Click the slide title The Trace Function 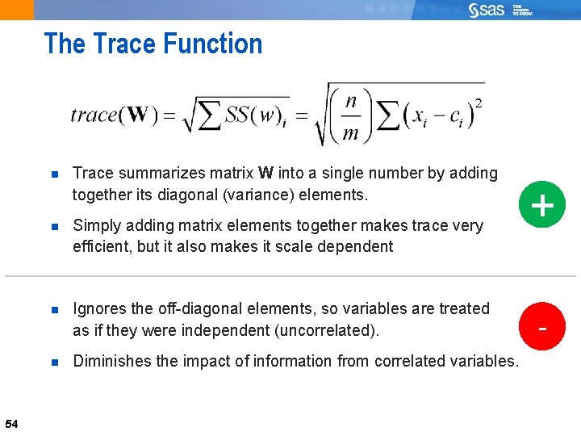click(x=153, y=44)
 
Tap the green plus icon click(x=542, y=206)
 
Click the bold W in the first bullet click(x=265, y=173)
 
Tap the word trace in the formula click(x=94, y=115)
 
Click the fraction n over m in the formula click(x=350, y=117)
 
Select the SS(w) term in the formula click(x=255, y=116)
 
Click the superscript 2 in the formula click(x=479, y=103)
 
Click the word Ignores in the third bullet click(x=99, y=308)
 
